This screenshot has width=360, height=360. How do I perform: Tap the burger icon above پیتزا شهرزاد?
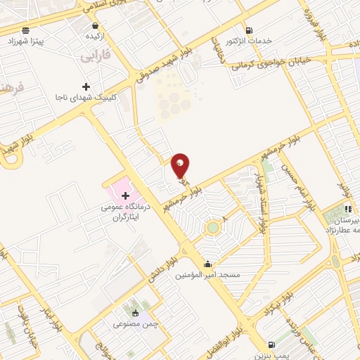pyautogui.click(x=26, y=30)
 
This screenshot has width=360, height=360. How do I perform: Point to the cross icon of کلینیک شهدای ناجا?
pyautogui.click(x=86, y=87)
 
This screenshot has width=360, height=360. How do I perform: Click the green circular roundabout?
pyautogui.click(x=212, y=228)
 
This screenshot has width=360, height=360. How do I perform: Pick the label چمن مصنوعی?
pyautogui.click(x=136, y=325)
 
